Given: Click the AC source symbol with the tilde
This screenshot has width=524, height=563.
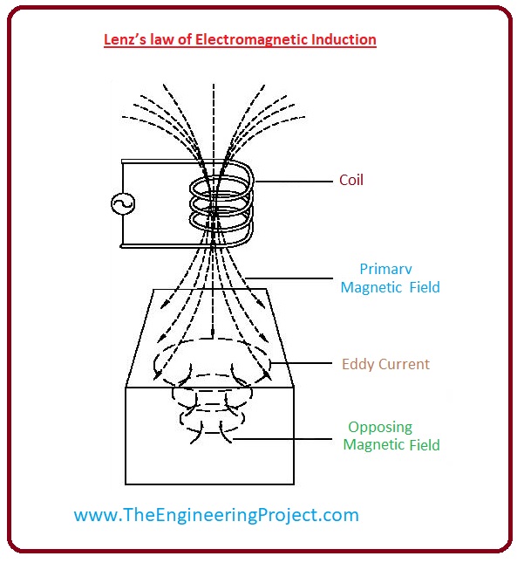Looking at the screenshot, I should (x=122, y=204).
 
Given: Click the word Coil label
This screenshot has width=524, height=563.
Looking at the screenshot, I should (x=350, y=181).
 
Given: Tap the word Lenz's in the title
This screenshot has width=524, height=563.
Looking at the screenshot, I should (x=126, y=39).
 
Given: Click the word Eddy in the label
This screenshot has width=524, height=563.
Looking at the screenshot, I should (x=357, y=364).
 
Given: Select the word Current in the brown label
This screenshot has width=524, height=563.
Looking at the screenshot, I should (x=403, y=364).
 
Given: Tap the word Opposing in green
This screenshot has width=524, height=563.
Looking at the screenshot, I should (x=379, y=428).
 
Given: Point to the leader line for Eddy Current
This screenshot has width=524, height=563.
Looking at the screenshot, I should (x=301, y=363).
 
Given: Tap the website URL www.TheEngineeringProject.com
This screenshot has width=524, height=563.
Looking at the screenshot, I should (x=216, y=515).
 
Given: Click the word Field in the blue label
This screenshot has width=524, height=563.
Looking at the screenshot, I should (x=424, y=287).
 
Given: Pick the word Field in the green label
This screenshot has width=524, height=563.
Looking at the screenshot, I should (x=422, y=445).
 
